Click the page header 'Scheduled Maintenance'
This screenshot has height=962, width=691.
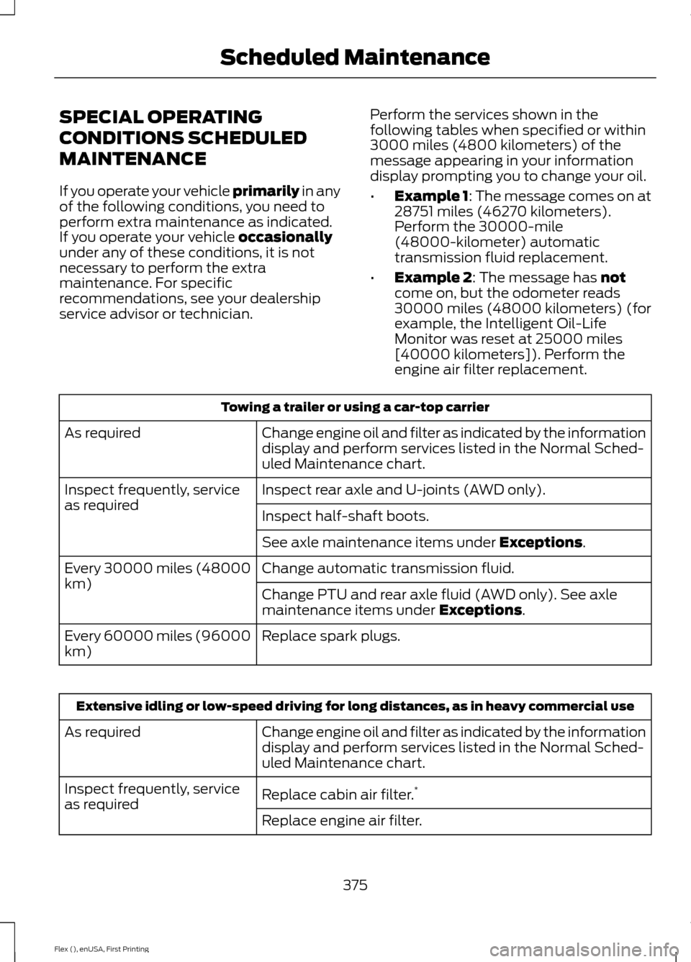tap(355, 57)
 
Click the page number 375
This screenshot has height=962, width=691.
tap(355, 885)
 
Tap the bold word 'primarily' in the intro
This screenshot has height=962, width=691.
tap(266, 191)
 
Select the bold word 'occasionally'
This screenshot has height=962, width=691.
tap(285, 237)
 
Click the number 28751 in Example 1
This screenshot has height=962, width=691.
tap(413, 212)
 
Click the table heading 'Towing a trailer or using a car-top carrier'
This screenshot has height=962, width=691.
tap(355, 407)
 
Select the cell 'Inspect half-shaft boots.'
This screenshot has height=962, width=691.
tap(345, 516)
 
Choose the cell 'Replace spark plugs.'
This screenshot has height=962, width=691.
tap(331, 636)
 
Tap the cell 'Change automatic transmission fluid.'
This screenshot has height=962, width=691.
tap(388, 568)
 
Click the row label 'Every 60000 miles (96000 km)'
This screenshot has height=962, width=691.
tap(157, 643)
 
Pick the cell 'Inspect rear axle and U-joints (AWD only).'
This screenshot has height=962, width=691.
tap(403, 490)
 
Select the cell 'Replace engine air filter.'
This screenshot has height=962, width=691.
tap(342, 820)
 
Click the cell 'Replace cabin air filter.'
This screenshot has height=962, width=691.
tap(338, 794)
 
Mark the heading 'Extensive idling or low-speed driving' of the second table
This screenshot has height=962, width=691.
tap(355, 706)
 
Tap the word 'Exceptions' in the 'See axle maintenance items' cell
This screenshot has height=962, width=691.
tap(540, 543)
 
